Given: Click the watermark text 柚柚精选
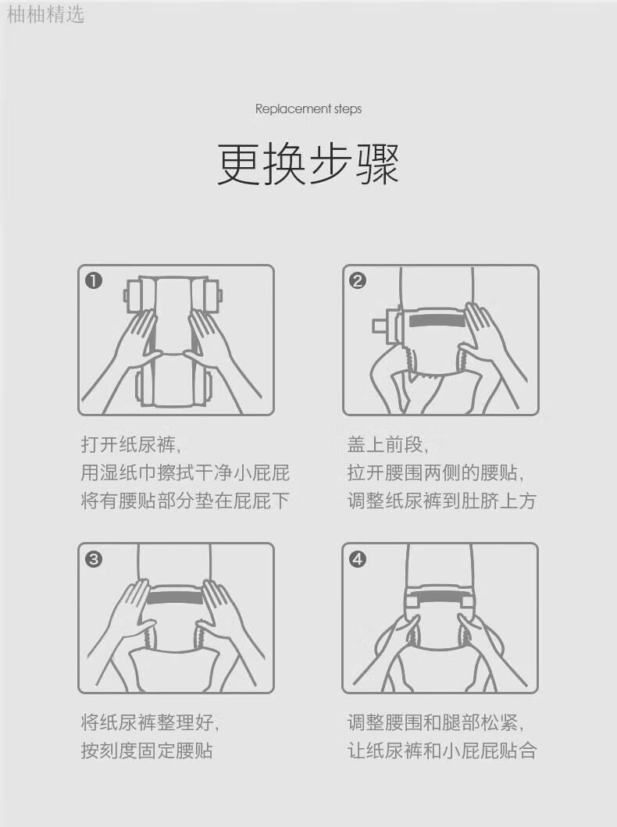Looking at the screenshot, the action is (x=45, y=14).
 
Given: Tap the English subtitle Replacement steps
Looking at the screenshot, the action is (x=308, y=109).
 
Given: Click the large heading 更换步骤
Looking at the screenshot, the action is (x=308, y=163).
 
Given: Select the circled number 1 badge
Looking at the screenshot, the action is (x=94, y=280).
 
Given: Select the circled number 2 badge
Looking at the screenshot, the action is (x=358, y=280).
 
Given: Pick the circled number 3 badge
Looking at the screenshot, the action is (x=94, y=558).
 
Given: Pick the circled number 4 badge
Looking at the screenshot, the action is (x=358, y=558).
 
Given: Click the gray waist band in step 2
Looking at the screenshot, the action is (x=437, y=320).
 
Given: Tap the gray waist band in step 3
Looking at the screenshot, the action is (x=175, y=598).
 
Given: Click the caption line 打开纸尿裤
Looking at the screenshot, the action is (x=130, y=444).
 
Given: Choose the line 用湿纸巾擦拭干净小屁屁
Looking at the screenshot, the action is (x=185, y=472).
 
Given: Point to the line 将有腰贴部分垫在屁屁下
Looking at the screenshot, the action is (x=185, y=501).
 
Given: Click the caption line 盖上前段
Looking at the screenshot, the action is (x=387, y=444).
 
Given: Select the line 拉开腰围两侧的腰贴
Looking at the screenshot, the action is (x=435, y=472).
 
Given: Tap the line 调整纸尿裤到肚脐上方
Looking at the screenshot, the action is (x=442, y=501).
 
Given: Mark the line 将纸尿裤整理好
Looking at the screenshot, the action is (x=149, y=722).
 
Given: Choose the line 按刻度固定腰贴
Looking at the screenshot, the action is (x=147, y=750).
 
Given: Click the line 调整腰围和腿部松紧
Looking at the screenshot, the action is (x=435, y=722).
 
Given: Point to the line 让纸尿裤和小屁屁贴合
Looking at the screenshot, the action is (x=442, y=750).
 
